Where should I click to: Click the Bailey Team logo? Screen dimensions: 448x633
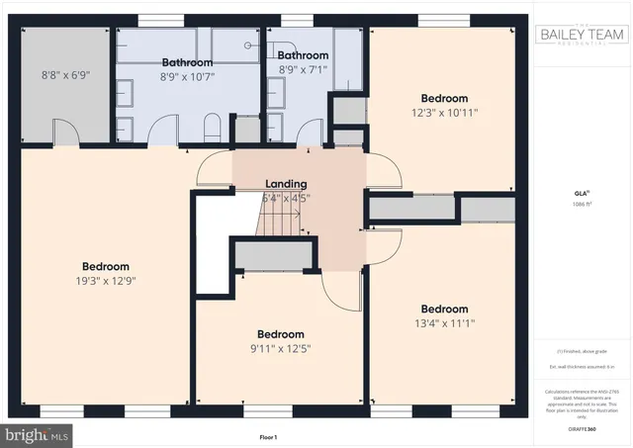pos(582,36)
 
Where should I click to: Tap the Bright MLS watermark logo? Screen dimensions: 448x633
pos(37,433)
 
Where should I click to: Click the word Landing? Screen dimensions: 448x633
pos(286,184)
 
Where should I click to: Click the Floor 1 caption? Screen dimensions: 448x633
pos(268,436)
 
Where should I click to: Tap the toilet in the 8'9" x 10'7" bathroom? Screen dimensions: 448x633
pos(211,127)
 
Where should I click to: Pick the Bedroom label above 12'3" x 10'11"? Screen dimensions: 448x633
pos(444,98)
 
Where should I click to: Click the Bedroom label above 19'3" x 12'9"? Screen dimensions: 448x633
pos(106,267)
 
